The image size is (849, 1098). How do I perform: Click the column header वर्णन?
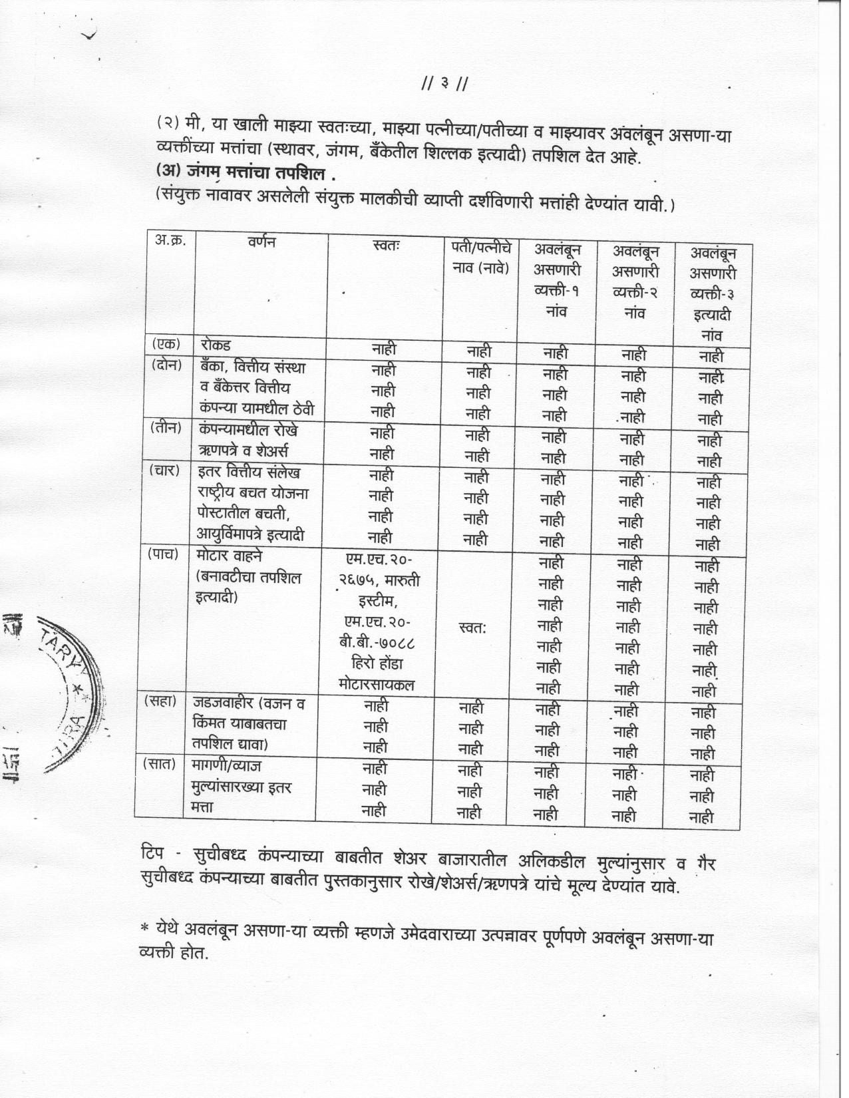(x=260, y=242)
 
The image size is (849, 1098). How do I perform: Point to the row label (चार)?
(x=164, y=470)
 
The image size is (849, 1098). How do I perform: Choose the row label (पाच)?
(x=162, y=554)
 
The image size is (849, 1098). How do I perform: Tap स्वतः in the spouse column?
(x=473, y=627)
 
